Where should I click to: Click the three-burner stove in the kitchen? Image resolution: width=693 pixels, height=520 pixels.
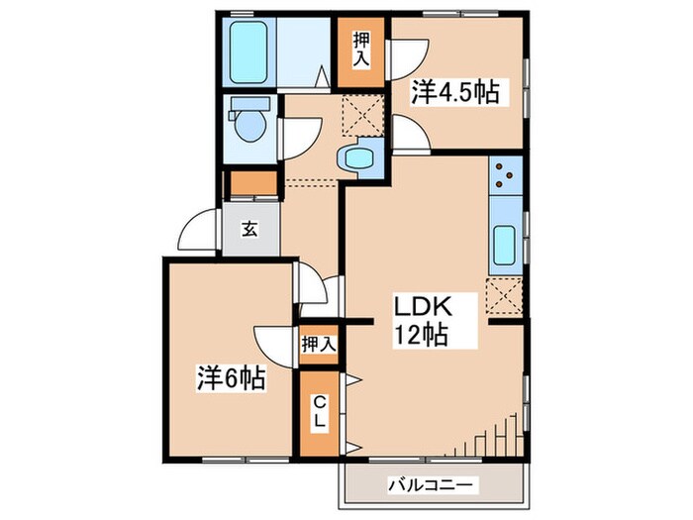(505, 174)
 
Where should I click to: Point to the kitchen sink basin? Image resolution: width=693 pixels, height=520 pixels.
(504, 244)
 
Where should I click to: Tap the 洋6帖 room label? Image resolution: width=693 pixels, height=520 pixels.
(230, 377)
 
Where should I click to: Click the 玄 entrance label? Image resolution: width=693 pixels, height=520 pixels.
(249, 229)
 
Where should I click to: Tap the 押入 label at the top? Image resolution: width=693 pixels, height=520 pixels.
(360, 50)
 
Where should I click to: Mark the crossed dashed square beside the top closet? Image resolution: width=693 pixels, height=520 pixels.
(359, 117)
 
